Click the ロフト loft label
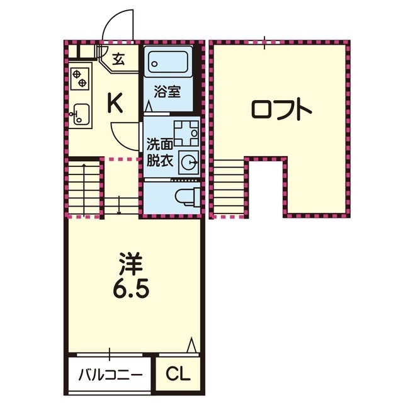(x=281, y=110)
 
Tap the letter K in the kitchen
(x=115, y=103)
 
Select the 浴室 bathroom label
(x=167, y=92)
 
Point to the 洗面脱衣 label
(x=159, y=153)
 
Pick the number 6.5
(x=130, y=290)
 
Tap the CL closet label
(x=178, y=374)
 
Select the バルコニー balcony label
(x=110, y=375)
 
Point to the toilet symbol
(x=188, y=196)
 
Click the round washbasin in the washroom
(x=190, y=162)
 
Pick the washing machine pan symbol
(x=186, y=133)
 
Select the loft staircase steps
(x=229, y=187)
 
